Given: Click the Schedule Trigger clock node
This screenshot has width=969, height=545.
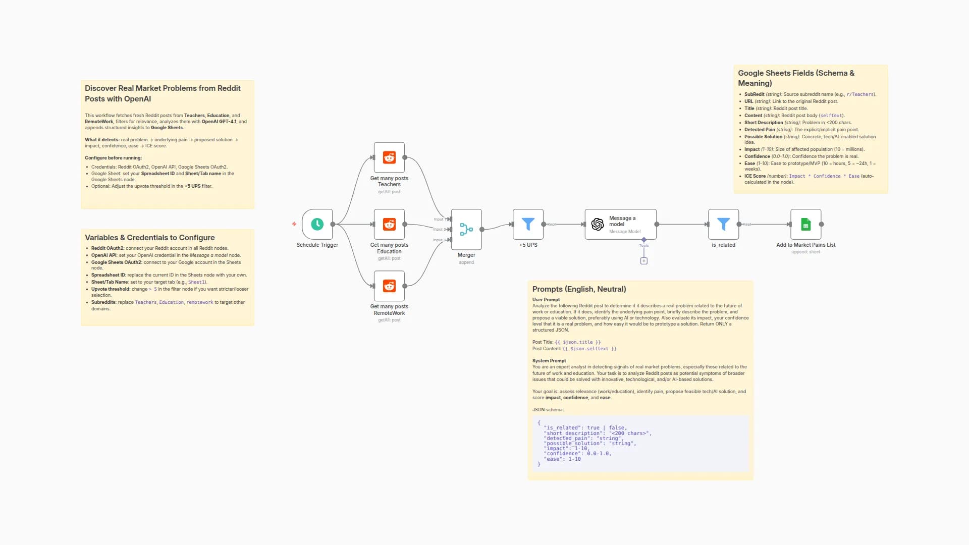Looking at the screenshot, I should pyautogui.click(x=317, y=224).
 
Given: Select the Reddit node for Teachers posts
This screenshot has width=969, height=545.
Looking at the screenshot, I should pyautogui.click(x=389, y=157).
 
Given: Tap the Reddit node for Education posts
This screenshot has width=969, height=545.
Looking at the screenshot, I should pyautogui.click(x=389, y=224).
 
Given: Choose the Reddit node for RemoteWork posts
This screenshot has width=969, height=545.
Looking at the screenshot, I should pyautogui.click(x=389, y=286).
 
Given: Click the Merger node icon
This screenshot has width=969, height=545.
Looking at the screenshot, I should pyautogui.click(x=466, y=230).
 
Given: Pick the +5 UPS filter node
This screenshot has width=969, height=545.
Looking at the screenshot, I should pyautogui.click(x=528, y=224).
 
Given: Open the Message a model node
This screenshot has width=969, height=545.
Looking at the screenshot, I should pyautogui.click(x=620, y=224).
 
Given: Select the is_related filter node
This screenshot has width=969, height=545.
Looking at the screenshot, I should pyautogui.click(x=723, y=224).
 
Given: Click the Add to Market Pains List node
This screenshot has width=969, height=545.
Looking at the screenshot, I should pyautogui.click(x=805, y=224).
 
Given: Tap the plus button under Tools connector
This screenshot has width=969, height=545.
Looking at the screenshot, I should pyautogui.click(x=644, y=261).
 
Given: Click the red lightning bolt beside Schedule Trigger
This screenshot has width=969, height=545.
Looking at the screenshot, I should pyautogui.click(x=294, y=224).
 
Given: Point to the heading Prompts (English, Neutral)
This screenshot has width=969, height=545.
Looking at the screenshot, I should pyautogui.click(x=579, y=289).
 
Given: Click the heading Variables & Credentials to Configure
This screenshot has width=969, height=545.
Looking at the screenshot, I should pyautogui.click(x=149, y=238).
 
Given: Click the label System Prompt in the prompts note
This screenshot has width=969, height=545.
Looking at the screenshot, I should pyautogui.click(x=549, y=361).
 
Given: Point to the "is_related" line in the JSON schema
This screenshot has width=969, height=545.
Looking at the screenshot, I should pyautogui.click(x=585, y=428).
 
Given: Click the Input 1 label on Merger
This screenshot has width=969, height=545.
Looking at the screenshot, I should pyautogui.click(x=439, y=219).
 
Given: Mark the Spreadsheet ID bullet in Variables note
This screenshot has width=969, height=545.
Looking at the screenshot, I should pyautogui.click(x=109, y=275).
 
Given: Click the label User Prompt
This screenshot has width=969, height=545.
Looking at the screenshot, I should pyautogui.click(x=546, y=300).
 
